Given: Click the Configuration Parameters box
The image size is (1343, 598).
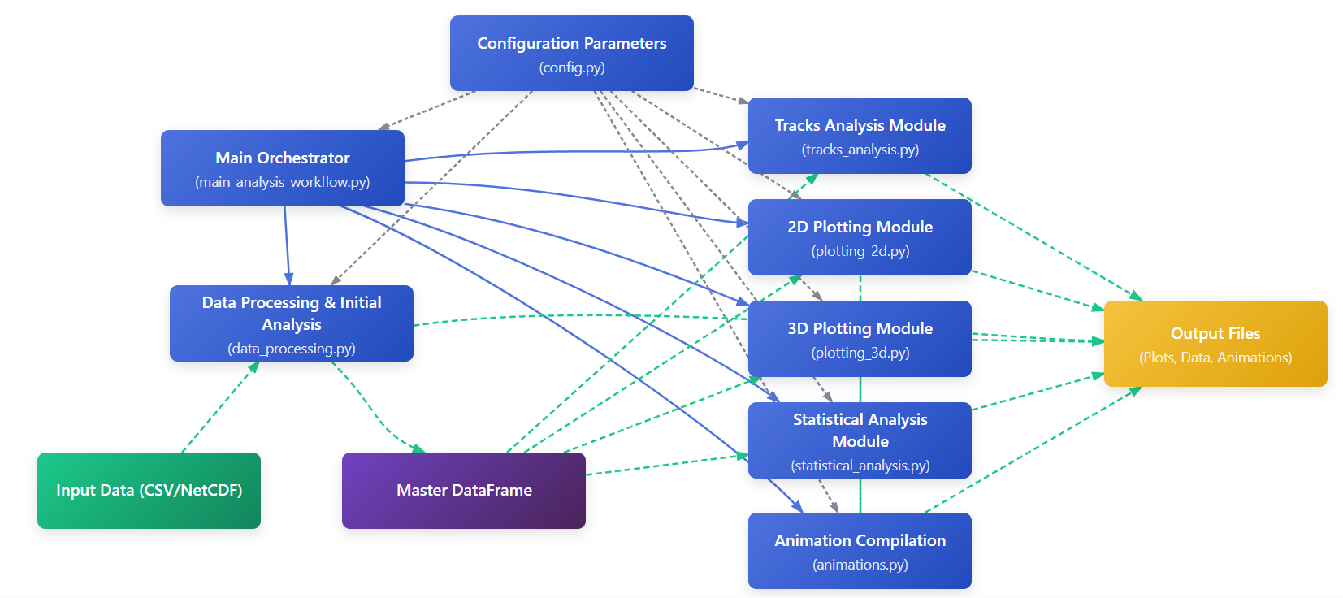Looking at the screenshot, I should [571, 53].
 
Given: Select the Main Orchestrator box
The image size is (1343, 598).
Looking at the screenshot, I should [282, 168].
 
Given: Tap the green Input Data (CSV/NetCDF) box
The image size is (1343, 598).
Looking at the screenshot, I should [149, 491].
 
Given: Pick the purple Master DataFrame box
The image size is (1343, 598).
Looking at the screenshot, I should [463, 491].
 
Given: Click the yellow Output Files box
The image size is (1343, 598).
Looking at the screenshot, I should [1215, 344].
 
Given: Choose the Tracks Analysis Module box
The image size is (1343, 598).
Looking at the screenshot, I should [860, 136].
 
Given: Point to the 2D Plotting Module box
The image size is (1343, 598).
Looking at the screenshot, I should [860, 237].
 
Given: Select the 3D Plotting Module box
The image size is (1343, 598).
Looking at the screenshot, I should [860, 339].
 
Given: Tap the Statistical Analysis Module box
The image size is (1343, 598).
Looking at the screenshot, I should [860, 440].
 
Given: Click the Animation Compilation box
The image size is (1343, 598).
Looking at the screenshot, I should [860, 551].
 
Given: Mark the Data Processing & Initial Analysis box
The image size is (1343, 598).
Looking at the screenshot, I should [291, 323].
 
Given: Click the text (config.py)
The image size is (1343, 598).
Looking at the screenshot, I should [572, 67].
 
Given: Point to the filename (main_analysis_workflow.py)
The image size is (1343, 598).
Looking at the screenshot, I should [282, 182].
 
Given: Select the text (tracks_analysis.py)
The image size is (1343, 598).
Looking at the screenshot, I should [860, 149].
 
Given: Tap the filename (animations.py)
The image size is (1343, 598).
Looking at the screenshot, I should [860, 565].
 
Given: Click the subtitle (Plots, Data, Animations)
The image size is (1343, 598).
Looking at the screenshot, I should [1215, 357].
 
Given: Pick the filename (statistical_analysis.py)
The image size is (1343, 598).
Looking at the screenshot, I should [860, 466].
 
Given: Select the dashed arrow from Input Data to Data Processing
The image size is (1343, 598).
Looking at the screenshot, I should [219, 408].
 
